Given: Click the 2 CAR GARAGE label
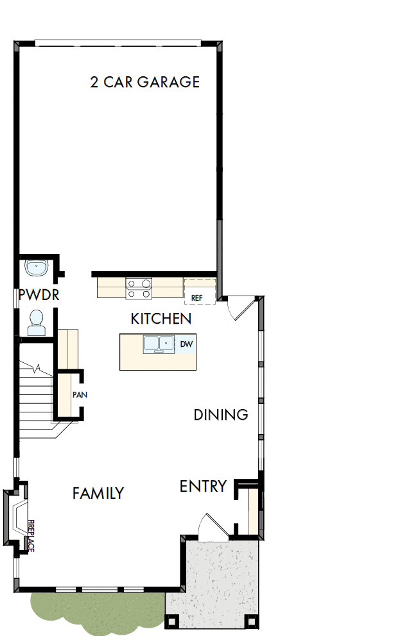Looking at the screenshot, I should click(x=145, y=82).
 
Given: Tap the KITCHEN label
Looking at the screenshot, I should click(x=161, y=319).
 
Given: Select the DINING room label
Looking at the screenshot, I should click(x=221, y=415).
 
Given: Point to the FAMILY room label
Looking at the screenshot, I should click(x=98, y=493).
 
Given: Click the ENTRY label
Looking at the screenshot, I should click(x=203, y=487).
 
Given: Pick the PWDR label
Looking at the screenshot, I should click(x=39, y=295).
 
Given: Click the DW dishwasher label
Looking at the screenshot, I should click(x=186, y=344).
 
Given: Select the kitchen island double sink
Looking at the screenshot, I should click(x=159, y=345).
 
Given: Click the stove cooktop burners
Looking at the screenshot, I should click(x=139, y=288).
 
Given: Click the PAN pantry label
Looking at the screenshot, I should click(x=80, y=395).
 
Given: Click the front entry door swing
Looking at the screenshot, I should click(x=210, y=527).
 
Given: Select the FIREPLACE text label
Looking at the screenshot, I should click(x=31, y=535).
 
